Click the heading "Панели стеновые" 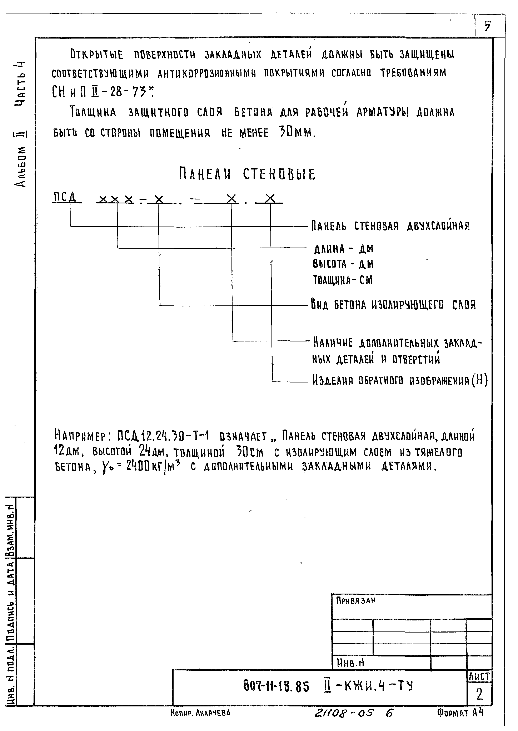247,174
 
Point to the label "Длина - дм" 343,249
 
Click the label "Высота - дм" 343,264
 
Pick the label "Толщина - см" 343,280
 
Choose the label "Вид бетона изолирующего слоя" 393,305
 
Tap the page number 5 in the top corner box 487,26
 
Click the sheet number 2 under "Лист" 479,695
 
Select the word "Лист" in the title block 479,676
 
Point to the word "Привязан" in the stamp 356,601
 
